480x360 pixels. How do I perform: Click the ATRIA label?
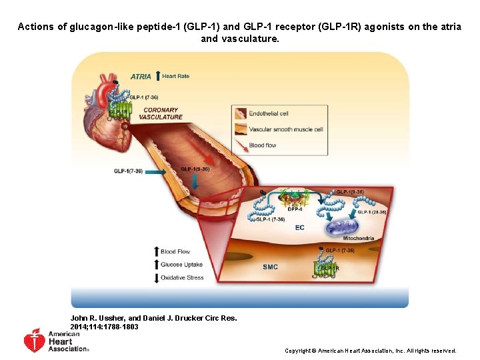tap(141, 77)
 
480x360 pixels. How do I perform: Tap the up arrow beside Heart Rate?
tap(157, 75)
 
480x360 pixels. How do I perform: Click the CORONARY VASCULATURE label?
tap(161, 113)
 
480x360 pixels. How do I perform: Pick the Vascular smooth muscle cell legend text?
tap(285, 129)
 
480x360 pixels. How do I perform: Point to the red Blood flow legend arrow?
tap(240, 145)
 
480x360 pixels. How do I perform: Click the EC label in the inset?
tap(299, 227)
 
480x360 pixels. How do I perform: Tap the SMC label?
tap(270, 267)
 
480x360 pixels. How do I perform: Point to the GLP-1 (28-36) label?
tap(371, 212)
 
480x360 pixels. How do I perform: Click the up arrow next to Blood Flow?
tap(156, 251)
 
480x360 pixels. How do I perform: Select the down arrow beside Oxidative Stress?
tap(156, 277)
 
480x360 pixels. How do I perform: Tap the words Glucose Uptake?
tap(181, 265)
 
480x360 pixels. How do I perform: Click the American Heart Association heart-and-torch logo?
tap(34, 341)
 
